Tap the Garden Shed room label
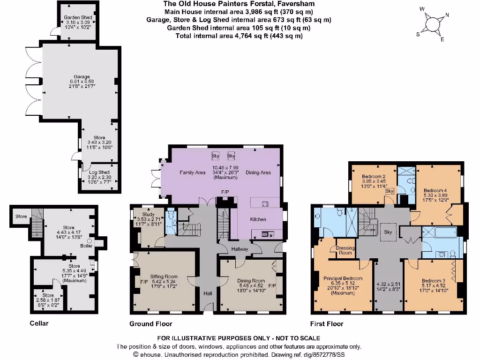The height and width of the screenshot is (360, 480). pyautogui.click(x=78, y=18)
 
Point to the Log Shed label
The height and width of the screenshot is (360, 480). pyautogui.click(x=99, y=172)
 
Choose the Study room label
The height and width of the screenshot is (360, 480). pyautogui.click(x=148, y=214)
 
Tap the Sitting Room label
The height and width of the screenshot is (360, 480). pyautogui.click(x=164, y=277)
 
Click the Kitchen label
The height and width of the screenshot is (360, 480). pyautogui.click(x=258, y=219)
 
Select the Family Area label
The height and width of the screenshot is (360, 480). pyautogui.click(x=193, y=172)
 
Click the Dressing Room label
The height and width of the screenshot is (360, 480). pyautogui.click(x=345, y=250)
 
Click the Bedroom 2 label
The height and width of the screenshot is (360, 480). pyautogui.click(x=374, y=177)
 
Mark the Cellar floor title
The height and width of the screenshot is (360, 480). pyautogui.click(x=39, y=323)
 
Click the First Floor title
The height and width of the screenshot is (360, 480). pyautogui.click(x=327, y=323)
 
